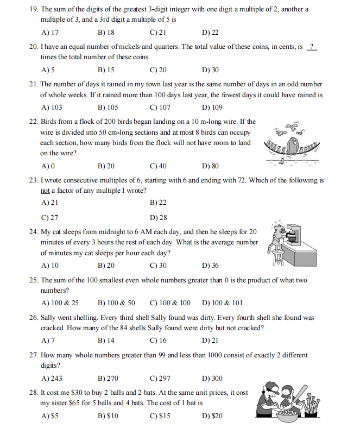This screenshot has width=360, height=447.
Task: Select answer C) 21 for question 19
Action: pos(157,32)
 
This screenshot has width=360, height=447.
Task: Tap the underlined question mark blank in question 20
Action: pos(311,47)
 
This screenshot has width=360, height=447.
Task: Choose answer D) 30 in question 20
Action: pos(210,70)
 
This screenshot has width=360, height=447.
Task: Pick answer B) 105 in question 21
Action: pos(108,108)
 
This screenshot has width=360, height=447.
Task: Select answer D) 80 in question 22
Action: pos(210,166)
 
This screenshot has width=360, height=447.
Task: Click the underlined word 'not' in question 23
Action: pos(46,190)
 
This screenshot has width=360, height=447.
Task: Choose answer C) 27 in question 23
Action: pos(50,217)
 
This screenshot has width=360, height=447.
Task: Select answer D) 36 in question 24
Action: pos(210,266)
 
